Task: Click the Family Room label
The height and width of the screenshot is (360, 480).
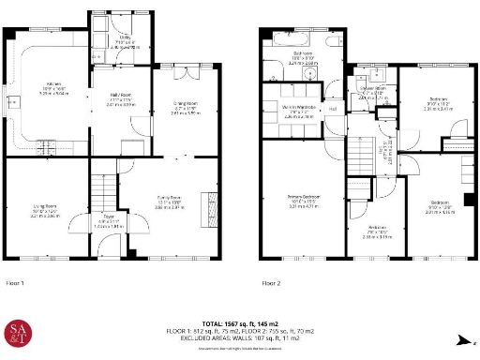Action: point(170,199)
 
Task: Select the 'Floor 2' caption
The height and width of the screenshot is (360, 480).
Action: point(272,282)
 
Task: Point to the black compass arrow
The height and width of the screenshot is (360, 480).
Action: point(460,343)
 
